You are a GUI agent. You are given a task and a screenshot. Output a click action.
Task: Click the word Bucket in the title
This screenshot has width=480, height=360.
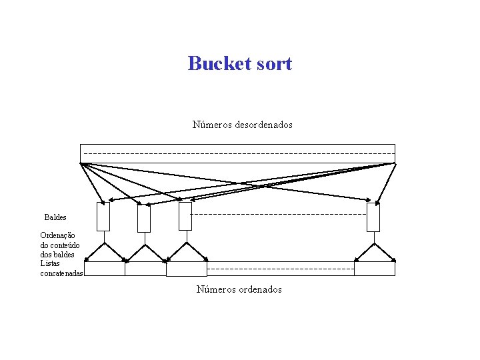click(219, 63)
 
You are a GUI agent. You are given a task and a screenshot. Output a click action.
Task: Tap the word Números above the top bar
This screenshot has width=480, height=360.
click(213, 125)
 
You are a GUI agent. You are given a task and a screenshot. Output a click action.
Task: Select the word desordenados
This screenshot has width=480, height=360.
click(264, 125)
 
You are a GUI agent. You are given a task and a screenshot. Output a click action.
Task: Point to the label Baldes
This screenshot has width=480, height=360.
click(55, 217)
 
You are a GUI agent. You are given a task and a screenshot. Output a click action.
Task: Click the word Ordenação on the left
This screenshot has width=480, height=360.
click(58, 235)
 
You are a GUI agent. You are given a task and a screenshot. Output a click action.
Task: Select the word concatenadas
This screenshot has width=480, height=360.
click(62, 273)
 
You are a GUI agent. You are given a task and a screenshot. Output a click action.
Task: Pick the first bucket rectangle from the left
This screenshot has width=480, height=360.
click(103, 217)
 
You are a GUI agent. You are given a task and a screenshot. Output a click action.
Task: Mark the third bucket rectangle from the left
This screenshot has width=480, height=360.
click(185, 217)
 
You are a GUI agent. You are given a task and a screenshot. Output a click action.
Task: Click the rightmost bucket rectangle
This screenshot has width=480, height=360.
click(373, 217)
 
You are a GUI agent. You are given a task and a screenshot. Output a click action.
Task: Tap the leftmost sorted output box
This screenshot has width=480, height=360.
click(105, 269)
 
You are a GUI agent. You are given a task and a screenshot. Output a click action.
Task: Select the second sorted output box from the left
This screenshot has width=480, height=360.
click(145, 269)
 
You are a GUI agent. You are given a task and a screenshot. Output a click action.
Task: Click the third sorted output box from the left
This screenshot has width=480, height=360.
click(187, 269)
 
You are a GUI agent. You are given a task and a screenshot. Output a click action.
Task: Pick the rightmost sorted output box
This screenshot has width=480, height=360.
click(375, 269)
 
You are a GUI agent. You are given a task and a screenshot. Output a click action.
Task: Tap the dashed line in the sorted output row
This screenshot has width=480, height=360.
click(280, 269)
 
